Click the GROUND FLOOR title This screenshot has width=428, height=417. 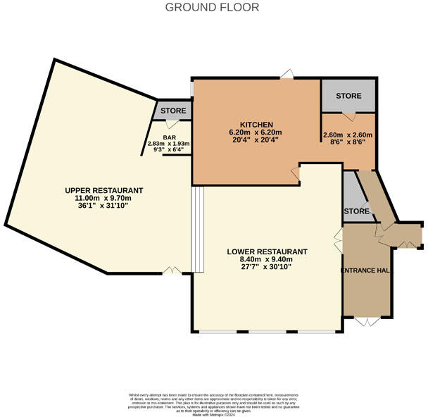click(x=212, y=7)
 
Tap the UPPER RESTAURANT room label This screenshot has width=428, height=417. click(x=103, y=190)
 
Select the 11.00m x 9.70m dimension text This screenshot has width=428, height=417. click(x=103, y=198)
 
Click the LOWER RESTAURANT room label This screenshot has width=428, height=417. click(x=267, y=251)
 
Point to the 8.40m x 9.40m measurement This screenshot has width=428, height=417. click(x=267, y=259)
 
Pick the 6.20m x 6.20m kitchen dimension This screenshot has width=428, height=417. click(x=255, y=132)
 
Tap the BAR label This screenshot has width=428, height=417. click(x=169, y=138)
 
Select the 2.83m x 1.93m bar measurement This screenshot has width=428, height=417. click(x=169, y=144)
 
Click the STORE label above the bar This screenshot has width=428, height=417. click(x=173, y=111)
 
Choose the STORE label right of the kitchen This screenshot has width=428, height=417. click(x=348, y=96)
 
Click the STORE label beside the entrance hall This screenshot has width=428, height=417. click(x=356, y=211)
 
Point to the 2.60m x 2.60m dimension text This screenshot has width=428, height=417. click(x=348, y=135)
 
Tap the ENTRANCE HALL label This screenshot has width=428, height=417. click(x=365, y=270)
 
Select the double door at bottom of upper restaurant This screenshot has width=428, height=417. click(x=170, y=270)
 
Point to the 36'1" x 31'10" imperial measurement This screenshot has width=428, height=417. click(x=103, y=206)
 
